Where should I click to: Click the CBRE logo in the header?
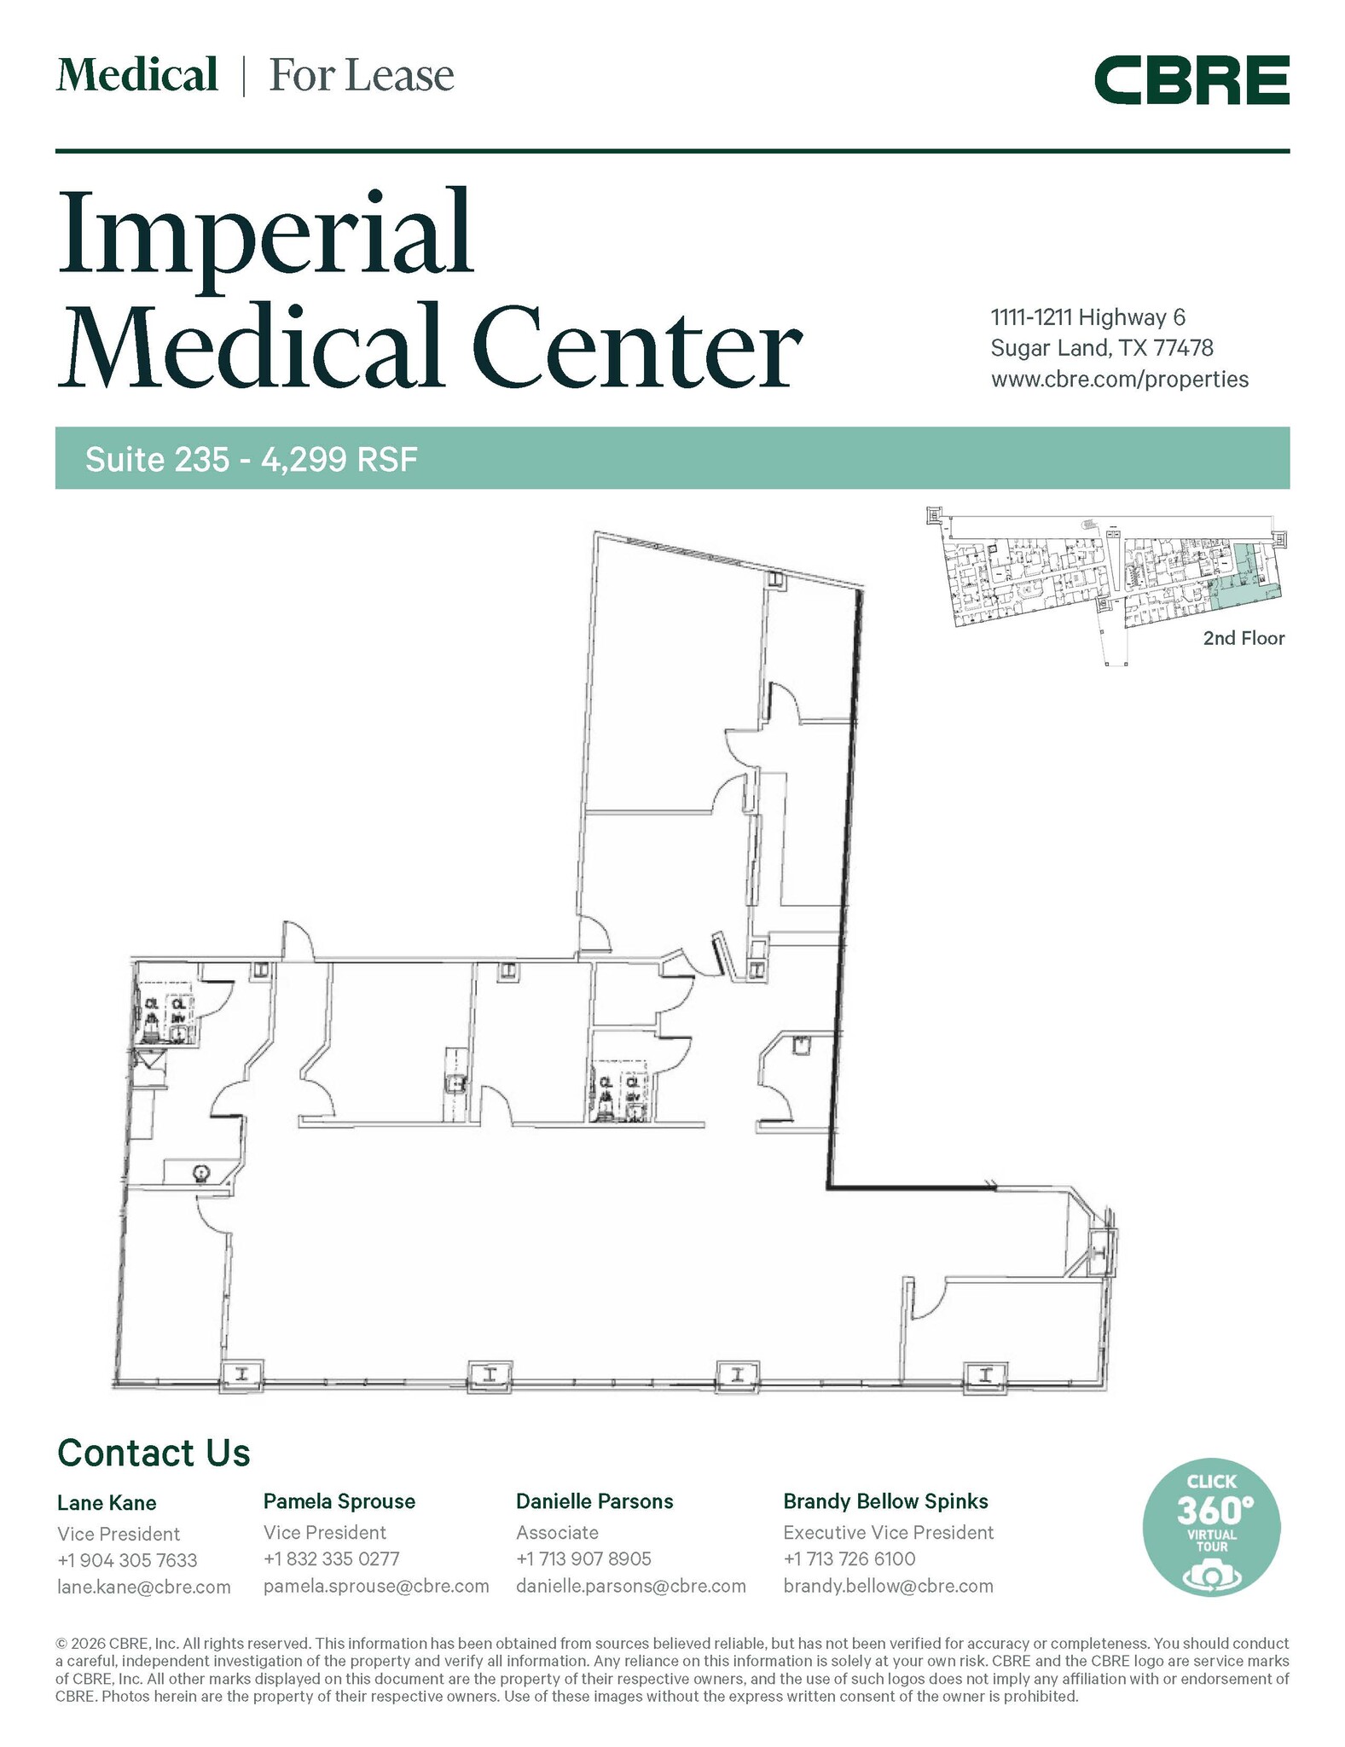(x=1191, y=80)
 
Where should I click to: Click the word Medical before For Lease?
(x=137, y=75)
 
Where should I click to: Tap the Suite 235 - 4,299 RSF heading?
(x=252, y=460)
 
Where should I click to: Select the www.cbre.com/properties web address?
(x=1119, y=380)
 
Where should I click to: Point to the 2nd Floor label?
(x=1243, y=638)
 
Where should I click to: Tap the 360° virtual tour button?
(x=1210, y=1529)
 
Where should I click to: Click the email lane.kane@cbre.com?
(x=144, y=1587)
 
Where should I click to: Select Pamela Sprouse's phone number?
(x=331, y=1558)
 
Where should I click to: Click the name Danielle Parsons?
(x=594, y=1501)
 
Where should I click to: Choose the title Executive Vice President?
(x=888, y=1532)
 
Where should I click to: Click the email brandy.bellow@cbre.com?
(x=888, y=1586)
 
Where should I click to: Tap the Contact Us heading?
(x=154, y=1452)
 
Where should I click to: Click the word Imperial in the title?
(x=265, y=232)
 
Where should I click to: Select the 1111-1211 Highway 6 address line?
(x=1087, y=317)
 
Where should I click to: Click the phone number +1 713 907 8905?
(x=583, y=1558)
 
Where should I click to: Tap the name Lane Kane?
(x=107, y=1502)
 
